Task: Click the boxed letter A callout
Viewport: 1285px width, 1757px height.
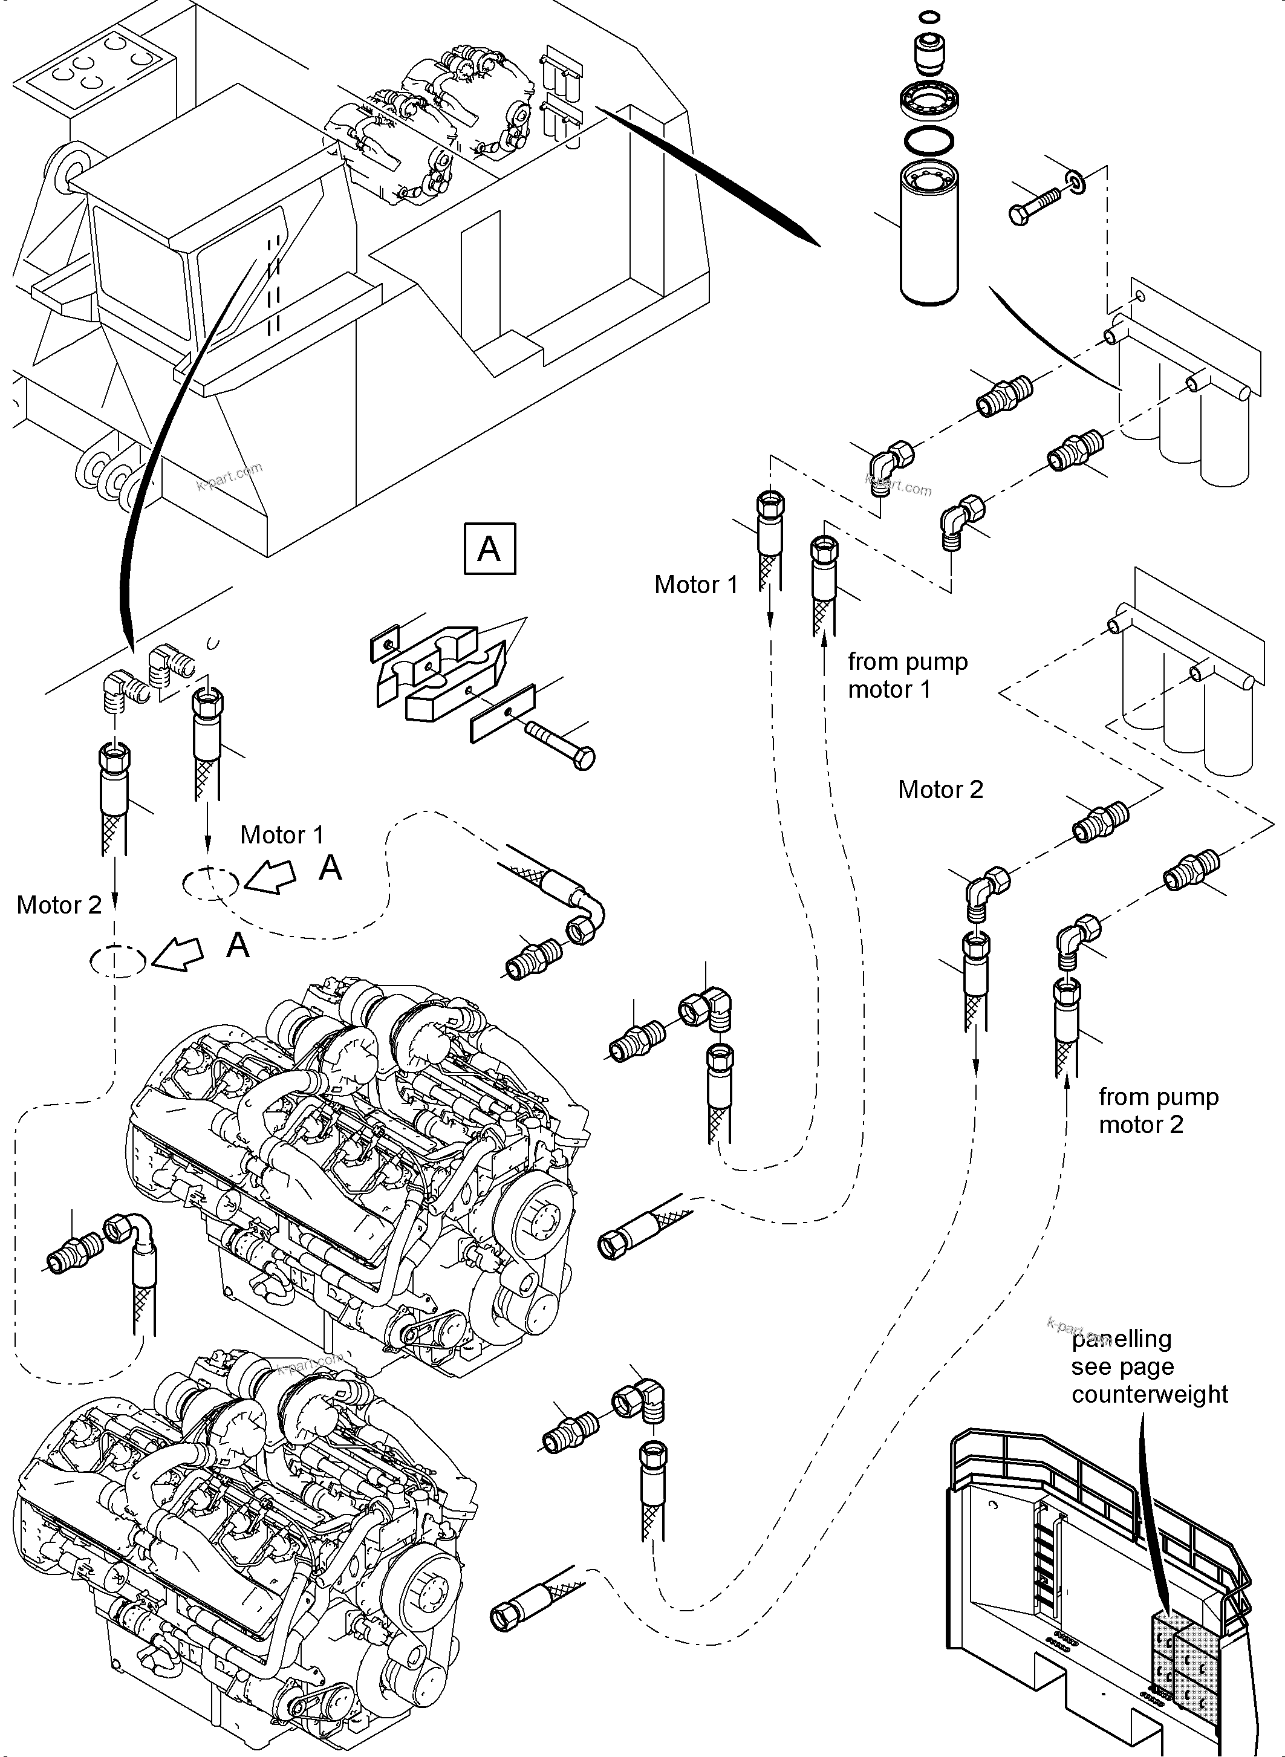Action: coord(489,548)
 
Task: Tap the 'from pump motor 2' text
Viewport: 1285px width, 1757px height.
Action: coord(1157,1110)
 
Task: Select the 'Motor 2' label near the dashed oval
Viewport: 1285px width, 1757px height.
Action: coord(59,904)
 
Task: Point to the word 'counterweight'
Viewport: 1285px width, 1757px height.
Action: coord(1149,1394)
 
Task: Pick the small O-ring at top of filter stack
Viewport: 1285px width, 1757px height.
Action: coord(929,16)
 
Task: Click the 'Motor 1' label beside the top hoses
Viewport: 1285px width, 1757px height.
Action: coord(695,585)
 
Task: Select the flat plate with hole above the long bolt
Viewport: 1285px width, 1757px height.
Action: coord(503,712)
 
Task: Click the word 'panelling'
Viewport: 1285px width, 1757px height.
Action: coord(1121,1339)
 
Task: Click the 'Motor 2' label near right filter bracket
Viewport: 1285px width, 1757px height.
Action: coord(940,790)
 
